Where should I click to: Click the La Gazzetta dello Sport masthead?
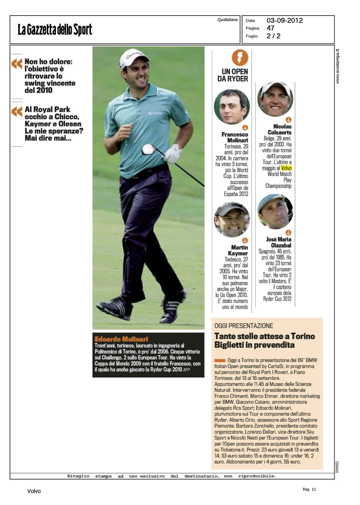(55, 30)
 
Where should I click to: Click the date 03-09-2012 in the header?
(285, 21)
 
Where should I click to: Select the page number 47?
(270, 28)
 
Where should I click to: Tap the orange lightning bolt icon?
(240, 58)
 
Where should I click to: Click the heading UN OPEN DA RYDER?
(235, 75)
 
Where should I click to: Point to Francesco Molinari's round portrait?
(232, 106)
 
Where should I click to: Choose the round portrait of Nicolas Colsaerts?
(275, 99)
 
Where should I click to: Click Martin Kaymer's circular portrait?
(232, 220)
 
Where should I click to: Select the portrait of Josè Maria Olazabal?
(275, 212)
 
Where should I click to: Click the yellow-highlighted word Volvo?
(286, 168)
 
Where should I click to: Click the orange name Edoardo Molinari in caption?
(121, 339)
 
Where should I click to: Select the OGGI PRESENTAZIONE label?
(244, 326)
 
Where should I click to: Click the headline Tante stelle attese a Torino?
(265, 336)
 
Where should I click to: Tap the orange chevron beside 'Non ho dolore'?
(17, 64)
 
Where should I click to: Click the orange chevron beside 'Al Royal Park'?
(17, 111)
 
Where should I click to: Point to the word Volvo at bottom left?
(34, 491)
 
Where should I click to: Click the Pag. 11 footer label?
(309, 489)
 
